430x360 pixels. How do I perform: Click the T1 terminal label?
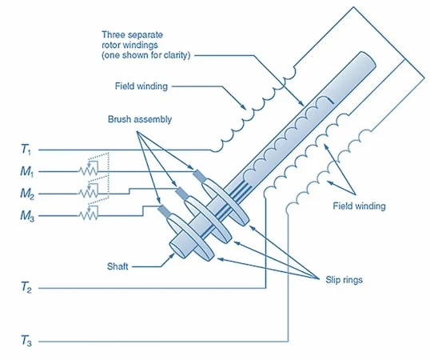[x=26, y=150]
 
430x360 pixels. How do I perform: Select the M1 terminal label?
[x=27, y=172]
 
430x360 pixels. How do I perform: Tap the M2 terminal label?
[x=27, y=194]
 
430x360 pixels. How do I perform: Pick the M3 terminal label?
[x=27, y=216]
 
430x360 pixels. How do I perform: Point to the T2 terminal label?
[x=26, y=288]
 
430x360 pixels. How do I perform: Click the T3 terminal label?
[x=26, y=341]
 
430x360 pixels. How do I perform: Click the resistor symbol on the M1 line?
[x=88, y=171]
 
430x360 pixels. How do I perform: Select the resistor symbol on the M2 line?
[x=88, y=193]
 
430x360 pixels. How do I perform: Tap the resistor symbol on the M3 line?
[x=88, y=215]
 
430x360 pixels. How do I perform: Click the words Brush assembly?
[x=140, y=119]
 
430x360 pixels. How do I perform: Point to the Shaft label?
[x=117, y=266]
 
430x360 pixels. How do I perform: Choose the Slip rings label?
[x=344, y=280]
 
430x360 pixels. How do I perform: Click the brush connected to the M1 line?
[x=200, y=176]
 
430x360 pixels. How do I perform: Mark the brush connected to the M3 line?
[x=165, y=210]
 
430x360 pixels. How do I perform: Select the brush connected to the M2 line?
[x=181, y=193]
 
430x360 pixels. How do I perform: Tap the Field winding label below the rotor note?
[x=141, y=86]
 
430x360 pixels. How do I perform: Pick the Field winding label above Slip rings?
[x=359, y=206]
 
